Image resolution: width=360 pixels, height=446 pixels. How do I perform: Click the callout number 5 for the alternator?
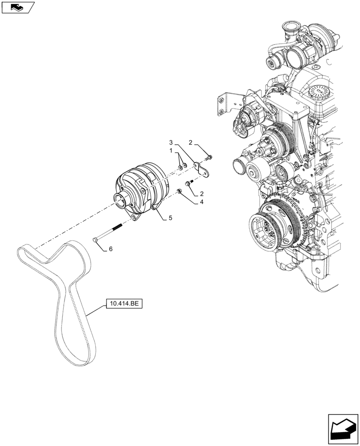coord(170,218)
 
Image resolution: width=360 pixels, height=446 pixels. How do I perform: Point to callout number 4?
coord(202,201)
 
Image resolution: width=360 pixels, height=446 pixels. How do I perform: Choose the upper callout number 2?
coord(190,143)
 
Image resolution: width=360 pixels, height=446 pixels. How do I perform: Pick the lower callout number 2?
coord(202,194)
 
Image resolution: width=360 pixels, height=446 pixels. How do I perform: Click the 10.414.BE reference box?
coord(123,305)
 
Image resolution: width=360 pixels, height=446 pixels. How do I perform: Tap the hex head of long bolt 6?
coord(96,241)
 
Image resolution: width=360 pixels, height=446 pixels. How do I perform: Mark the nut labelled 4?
coord(179,191)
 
